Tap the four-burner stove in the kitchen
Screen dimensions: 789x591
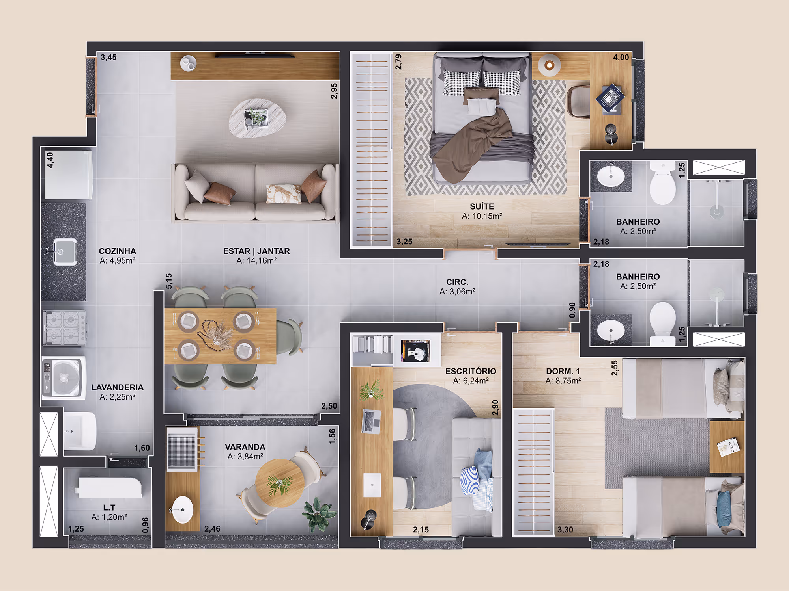click(x=64, y=328)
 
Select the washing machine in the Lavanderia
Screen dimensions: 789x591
click(x=64, y=378)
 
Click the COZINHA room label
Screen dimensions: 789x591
click(x=118, y=251)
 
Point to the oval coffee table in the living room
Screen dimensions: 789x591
click(x=257, y=118)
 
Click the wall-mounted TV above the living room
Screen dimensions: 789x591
click(x=254, y=55)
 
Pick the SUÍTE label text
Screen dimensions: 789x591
click(x=482, y=206)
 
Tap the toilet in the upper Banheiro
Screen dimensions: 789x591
click(x=662, y=182)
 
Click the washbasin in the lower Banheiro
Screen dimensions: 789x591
click(x=611, y=330)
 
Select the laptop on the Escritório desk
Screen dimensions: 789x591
click(x=371, y=422)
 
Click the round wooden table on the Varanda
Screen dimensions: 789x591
click(x=279, y=483)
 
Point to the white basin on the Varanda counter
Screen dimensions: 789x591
click(x=183, y=509)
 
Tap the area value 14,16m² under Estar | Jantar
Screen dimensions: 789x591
click(x=256, y=260)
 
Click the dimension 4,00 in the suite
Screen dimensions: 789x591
click(x=621, y=58)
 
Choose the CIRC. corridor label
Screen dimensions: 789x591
click(x=457, y=282)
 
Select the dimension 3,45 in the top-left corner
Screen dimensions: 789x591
click(x=108, y=57)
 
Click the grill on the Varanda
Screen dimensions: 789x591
click(x=182, y=450)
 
